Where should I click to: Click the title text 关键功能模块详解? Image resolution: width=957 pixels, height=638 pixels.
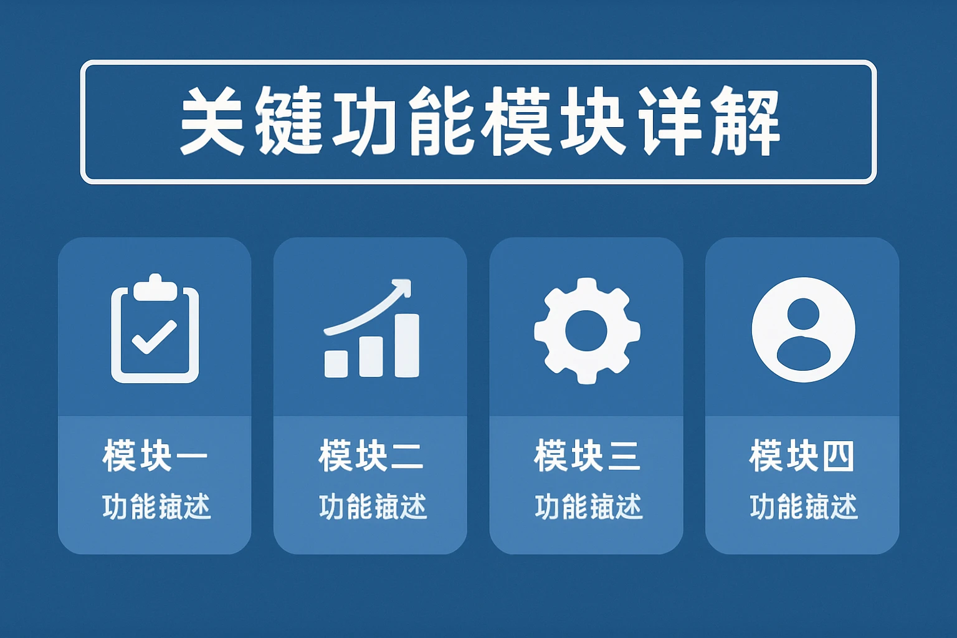[x=478, y=121]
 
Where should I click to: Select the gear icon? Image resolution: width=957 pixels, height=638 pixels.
[x=587, y=330]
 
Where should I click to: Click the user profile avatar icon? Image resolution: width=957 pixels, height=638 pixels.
[x=803, y=330]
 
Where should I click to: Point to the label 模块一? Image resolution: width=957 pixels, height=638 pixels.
[x=155, y=456]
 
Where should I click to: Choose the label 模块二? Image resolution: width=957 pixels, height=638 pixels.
[x=371, y=456]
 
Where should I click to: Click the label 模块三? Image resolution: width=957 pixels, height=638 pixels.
[x=587, y=456]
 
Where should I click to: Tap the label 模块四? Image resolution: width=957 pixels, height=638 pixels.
[x=802, y=456]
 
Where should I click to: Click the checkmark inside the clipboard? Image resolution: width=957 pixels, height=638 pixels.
[x=154, y=337]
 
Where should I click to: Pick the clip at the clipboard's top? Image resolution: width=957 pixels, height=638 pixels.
[x=155, y=288]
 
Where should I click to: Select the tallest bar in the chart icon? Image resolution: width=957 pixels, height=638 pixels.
[x=406, y=345]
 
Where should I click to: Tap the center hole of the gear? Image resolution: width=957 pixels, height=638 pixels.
[x=586, y=331]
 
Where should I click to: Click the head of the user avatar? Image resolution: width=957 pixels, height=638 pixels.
[x=803, y=313]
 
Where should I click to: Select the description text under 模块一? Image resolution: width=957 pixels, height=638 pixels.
[x=156, y=507]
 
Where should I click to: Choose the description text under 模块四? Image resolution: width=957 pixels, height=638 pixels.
[x=803, y=507]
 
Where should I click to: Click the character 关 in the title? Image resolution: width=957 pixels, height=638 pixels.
[x=212, y=121]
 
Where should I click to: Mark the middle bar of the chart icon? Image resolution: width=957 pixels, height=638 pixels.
[x=371, y=356]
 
